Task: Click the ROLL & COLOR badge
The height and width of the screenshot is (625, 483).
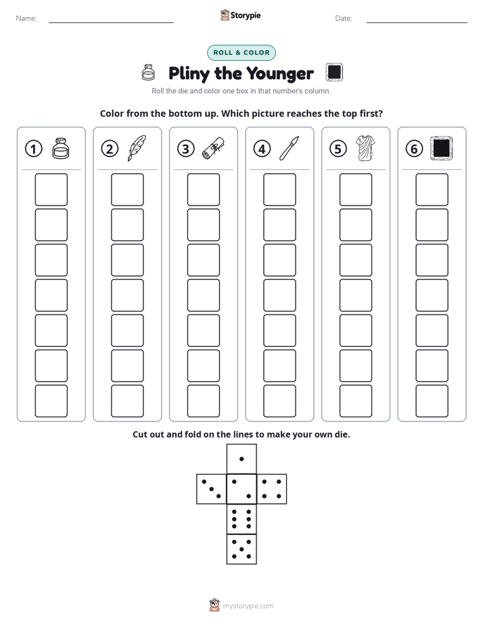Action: coord(241,53)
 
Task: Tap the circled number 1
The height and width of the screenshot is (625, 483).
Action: coord(33,149)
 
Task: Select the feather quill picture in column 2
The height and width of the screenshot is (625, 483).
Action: coord(137,148)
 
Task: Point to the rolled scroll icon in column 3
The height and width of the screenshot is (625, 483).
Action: coord(213,149)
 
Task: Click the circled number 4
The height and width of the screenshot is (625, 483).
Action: coord(262,149)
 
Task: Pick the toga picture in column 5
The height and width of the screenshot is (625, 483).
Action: coord(365,148)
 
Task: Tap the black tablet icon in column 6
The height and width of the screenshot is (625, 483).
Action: coord(442,148)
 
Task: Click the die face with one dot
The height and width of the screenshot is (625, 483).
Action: coord(241,459)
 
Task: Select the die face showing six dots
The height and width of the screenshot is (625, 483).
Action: coord(241,519)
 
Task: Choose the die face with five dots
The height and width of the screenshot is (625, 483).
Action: coord(241,549)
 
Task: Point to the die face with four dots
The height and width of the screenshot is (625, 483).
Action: coord(272,489)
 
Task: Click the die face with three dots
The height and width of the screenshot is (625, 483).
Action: coord(212,489)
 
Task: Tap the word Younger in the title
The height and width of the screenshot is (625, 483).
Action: coord(280,74)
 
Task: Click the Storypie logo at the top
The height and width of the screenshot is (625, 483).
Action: coord(240,15)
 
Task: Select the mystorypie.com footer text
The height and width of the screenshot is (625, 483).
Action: coord(248,606)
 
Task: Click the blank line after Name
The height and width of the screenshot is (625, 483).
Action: coord(111,22)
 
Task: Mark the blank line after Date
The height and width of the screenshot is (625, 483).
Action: coord(417,22)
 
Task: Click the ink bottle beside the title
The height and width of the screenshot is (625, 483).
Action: coord(148,72)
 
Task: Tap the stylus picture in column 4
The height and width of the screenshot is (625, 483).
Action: coord(290,148)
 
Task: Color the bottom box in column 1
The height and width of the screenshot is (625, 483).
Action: coord(51,401)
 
